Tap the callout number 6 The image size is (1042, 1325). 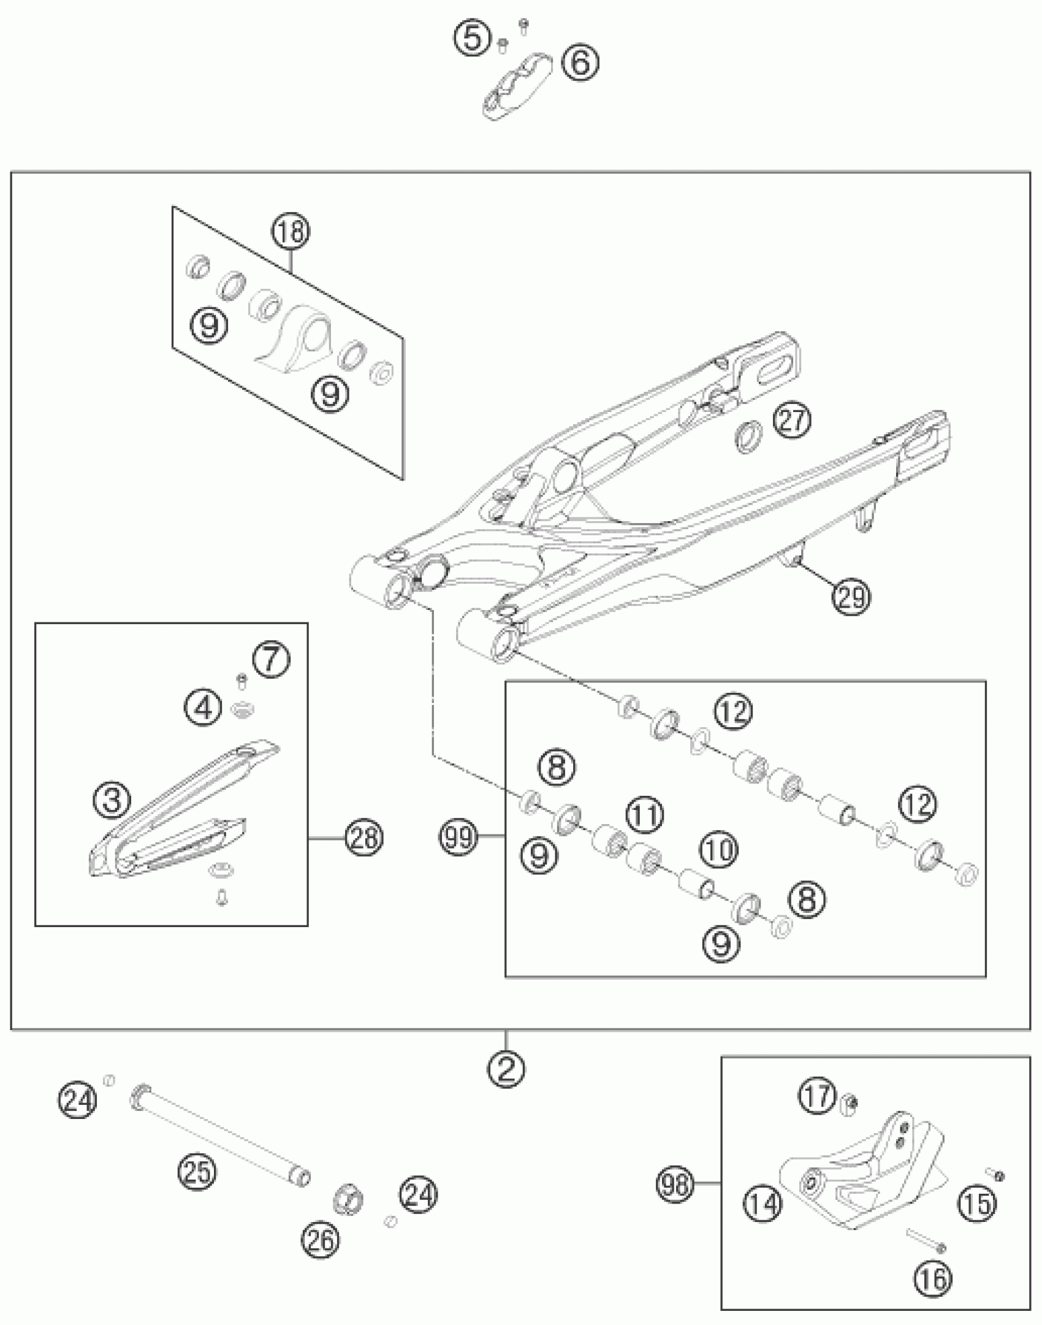(580, 62)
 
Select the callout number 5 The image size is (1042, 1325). (472, 39)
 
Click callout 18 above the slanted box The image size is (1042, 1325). (291, 232)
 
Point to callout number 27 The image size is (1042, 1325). (791, 421)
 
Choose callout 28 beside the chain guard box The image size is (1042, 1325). (363, 837)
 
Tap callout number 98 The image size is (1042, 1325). (675, 1184)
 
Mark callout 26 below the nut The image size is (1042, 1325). (320, 1240)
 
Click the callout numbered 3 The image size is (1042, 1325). (112, 800)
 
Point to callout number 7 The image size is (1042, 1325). (272, 661)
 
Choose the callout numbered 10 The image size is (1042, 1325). (719, 850)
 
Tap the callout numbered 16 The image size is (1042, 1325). (933, 1278)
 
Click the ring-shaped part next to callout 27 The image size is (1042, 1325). (748, 437)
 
